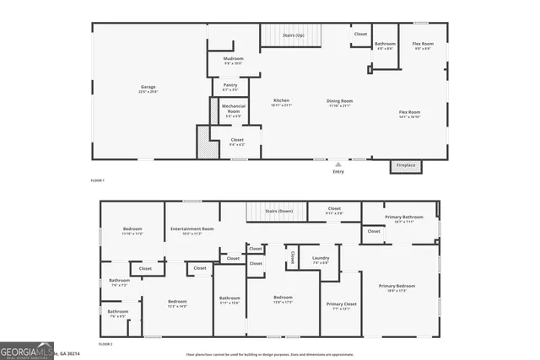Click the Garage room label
point(148,89)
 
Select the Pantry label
point(230,86)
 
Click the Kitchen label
point(282,102)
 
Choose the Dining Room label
point(340,102)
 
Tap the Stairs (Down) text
point(278,211)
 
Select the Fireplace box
point(406,165)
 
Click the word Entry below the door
point(338,172)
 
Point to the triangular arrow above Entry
point(338,164)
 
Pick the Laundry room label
point(321,260)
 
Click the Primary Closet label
point(341,305)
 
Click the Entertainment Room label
point(192,230)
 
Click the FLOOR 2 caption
point(105,345)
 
